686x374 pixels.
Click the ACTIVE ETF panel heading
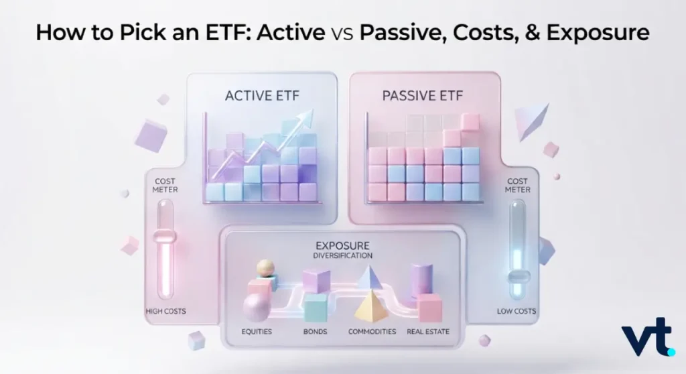click(262, 95)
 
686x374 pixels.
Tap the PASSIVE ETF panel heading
click(423, 95)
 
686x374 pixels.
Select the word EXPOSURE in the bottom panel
click(342, 245)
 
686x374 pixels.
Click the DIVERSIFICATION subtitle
click(342, 255)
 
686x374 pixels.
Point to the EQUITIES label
click(257, 332)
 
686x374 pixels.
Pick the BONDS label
click(315, 332)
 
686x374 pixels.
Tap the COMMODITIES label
click(372, 332)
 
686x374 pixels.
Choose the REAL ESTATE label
click(428, 332)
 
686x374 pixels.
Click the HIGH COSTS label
click(166, 311)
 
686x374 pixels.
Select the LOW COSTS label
click(517, 311)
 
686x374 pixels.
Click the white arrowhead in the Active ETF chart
click(305, 117)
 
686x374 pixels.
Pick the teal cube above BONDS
click(316, 307)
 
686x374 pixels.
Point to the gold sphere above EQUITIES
click(265, 267)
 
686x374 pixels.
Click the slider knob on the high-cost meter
click(165, 237)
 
